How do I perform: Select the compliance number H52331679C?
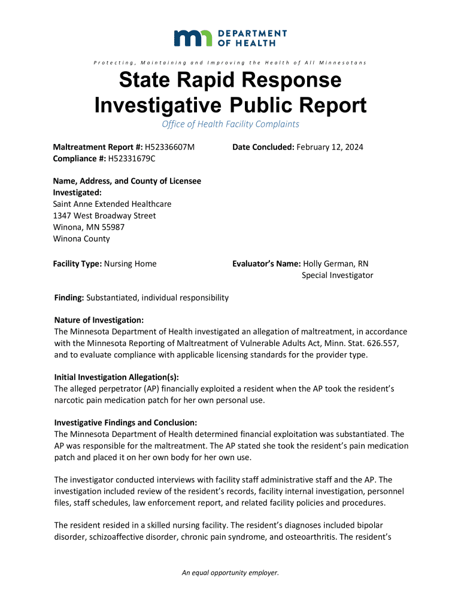click(x=131, y=158)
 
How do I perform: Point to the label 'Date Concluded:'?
click(x=263, y=147)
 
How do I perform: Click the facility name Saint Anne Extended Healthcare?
click(x=113, y=204)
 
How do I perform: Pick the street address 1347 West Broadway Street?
click(x=105, y=215)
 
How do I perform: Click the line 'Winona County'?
click(x=82, y=238)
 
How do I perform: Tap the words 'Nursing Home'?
click(x=131, y=264)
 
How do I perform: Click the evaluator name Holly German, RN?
click(x=336, y=264)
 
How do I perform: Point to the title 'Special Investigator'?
click(x=337, y=275)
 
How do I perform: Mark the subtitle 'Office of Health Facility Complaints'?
click(x=230, y=124)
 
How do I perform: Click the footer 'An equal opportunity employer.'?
click(x=230, y=573)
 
